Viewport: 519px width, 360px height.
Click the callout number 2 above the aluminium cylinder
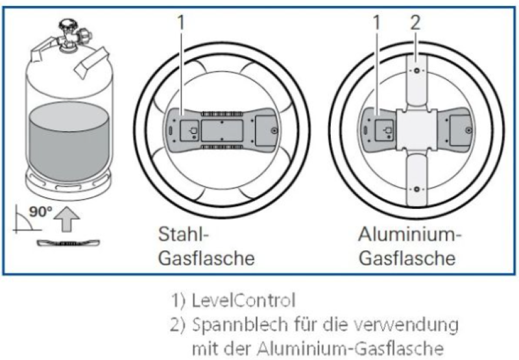415,23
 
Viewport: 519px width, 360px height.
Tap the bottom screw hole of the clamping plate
415,190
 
